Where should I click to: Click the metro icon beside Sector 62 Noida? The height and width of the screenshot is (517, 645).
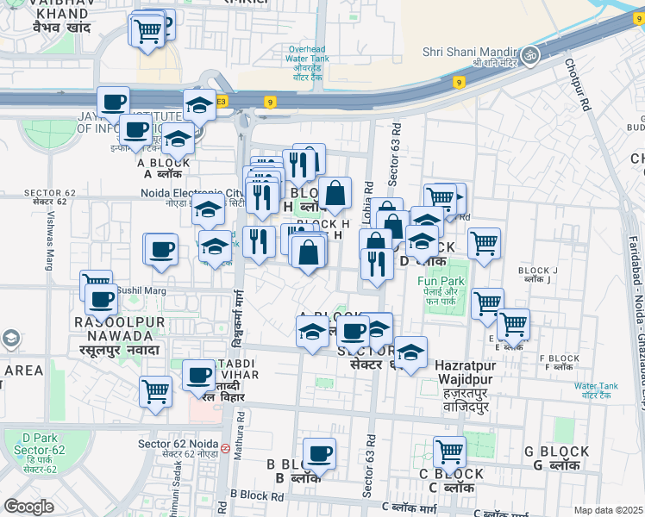pyautogui.click(x=224, y=448)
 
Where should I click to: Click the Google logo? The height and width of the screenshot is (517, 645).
pyautogui.click(x=29, y=506)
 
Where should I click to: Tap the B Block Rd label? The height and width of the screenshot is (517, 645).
pyautogui.click(x=257, y=496)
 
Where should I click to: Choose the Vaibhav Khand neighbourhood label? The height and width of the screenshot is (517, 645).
pyautogui.click(x=61, y=17)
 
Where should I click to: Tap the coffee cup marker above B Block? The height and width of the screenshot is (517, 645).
pyautogui.click(x=320, y=453)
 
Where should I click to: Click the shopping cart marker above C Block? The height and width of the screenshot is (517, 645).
pyautogui.click(x=449, y=452)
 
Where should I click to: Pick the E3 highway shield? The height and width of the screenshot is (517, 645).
pyautogui.click(x=222, y=101)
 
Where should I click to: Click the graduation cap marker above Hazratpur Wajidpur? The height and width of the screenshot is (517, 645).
pyautogui.click(x=411, y=352)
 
